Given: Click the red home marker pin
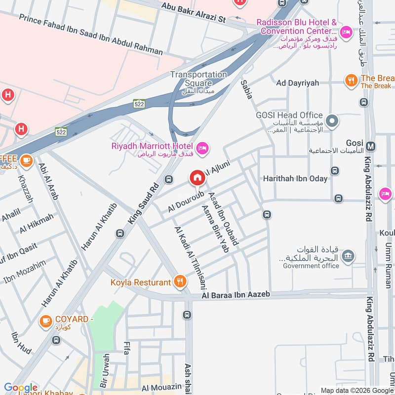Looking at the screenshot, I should point(197,178).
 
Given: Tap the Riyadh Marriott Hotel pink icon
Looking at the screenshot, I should point(202,148).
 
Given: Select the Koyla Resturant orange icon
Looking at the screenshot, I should point(180,282).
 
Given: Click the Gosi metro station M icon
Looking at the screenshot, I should point(372,146).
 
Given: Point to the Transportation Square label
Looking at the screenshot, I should point(198,79).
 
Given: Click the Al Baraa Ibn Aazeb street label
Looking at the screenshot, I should point(236,295).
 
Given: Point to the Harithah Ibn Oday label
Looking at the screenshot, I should point(295,178).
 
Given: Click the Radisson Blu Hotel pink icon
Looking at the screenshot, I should point(347,33).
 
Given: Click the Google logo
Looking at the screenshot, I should point(21,388).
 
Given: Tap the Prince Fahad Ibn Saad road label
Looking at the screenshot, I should point(91,34).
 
